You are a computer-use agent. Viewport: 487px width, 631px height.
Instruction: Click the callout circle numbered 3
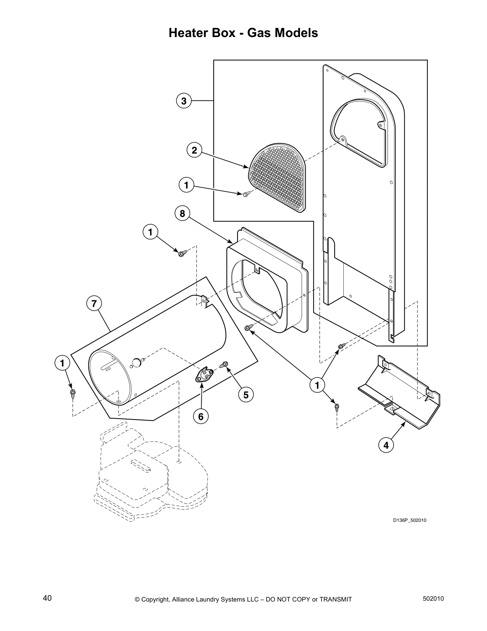click(x=183, y=101)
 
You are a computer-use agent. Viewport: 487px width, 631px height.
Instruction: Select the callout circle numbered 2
click(x=194, y=150)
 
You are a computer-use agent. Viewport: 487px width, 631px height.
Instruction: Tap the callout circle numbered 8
click(x=182, y=214)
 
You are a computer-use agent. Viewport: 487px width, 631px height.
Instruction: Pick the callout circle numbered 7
click(x=94, y=304)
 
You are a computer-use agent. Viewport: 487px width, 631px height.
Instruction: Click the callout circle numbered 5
click(x=246, y=394)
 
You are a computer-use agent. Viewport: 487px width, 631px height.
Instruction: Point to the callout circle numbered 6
click(x=201, y=416)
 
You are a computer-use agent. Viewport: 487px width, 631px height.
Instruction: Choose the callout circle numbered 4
click(x=386, y=445)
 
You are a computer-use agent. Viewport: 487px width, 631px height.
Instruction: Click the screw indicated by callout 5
click(x=224, y=364)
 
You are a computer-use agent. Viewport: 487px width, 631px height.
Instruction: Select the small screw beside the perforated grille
click(x=245, y=194)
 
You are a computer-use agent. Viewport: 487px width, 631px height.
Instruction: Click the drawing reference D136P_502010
click(x=410, y=520)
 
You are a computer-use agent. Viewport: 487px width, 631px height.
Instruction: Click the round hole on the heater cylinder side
click(x=136, y=362)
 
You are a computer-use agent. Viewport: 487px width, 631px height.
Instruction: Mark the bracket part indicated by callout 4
click(x=402, y=394)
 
